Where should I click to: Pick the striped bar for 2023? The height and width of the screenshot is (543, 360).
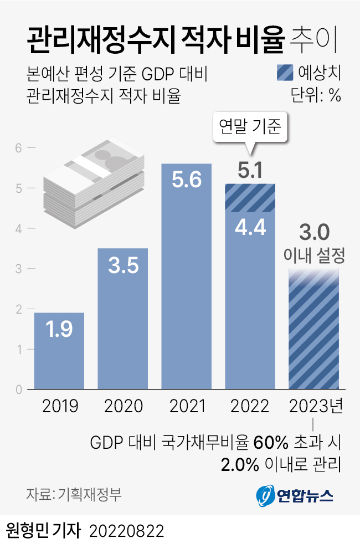[314, 332]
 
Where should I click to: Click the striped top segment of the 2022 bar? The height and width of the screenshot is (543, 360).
[250, 198]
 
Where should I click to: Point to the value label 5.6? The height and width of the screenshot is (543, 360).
[187, 181]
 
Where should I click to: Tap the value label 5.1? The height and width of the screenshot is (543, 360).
[250, 171]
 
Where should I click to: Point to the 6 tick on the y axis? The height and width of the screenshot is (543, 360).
[18, 148]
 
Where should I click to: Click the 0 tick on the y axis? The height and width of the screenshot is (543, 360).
[18, 390]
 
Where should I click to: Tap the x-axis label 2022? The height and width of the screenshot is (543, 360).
[250, 407]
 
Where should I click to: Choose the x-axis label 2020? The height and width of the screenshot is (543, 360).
[122, 407]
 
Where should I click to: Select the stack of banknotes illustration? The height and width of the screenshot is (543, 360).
[94, 183]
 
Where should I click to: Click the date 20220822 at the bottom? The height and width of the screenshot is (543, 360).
[126, 530]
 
